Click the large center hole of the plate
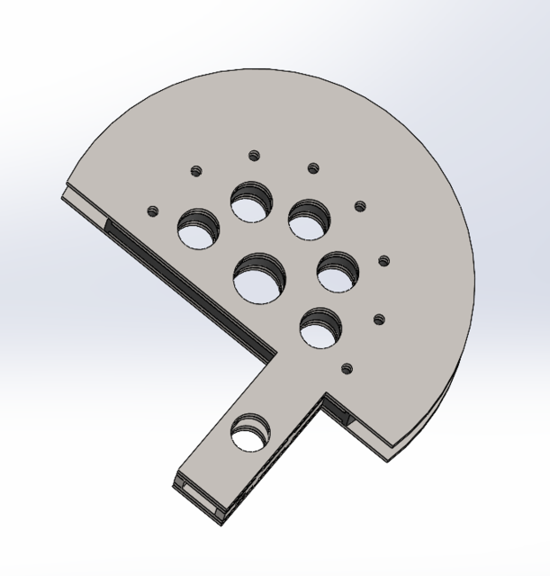259,278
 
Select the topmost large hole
253,202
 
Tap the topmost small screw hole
254,155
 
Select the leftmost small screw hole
152,211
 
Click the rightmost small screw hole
383,261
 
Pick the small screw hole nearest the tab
346,367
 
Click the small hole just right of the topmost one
313,167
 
